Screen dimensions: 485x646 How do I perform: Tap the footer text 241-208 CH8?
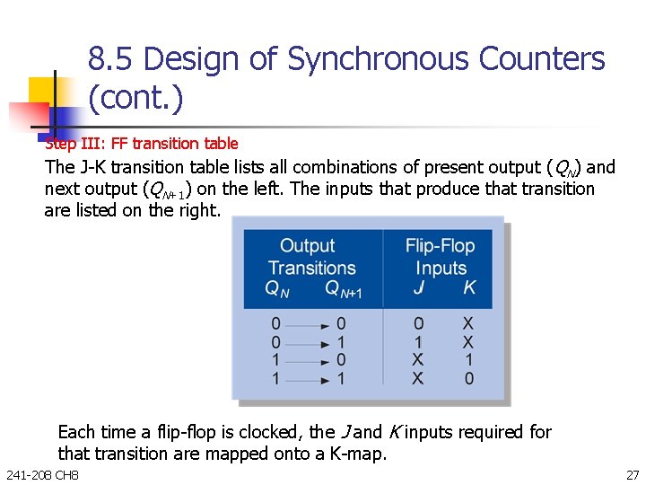pyautogui.click(x=42, y=474)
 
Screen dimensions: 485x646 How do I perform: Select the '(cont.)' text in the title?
pyautogui.click(x=135, y=98)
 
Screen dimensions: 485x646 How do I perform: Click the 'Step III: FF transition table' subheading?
pyautogui.click(x=142, y=144)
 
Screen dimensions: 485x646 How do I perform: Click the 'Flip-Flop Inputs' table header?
pyautogui.click(x=440, y=256)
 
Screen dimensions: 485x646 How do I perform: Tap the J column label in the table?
pyautogui.click(x=418, y=288)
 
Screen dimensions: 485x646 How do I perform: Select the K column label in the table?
pyautogui.click(x=468, y=288)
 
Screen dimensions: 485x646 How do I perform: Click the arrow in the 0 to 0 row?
pyautogui.click(x=309, y=324)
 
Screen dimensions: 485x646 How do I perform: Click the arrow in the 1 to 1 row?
pyautogui.click(x=309, y=379)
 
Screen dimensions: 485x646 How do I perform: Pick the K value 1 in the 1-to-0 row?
pyautogui.click(x=468, y=360)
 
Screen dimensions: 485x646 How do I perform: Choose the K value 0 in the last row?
pyautogui.click(x=468, y=379)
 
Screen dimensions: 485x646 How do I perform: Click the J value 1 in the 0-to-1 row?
pyautogui.click(x=418, y=342)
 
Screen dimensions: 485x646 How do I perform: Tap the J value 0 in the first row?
pyautogui.click(x=418, y=324)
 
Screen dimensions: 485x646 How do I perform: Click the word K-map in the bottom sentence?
pyautogui.click(x=356, y=454)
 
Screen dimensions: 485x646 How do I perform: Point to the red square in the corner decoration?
pyautogui.click(x=27, y=115)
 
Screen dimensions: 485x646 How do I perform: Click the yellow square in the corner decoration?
pyautogui.click(x=43, y=91)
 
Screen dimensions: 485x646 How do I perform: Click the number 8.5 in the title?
pyautogui.click(x=112, y=59)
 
